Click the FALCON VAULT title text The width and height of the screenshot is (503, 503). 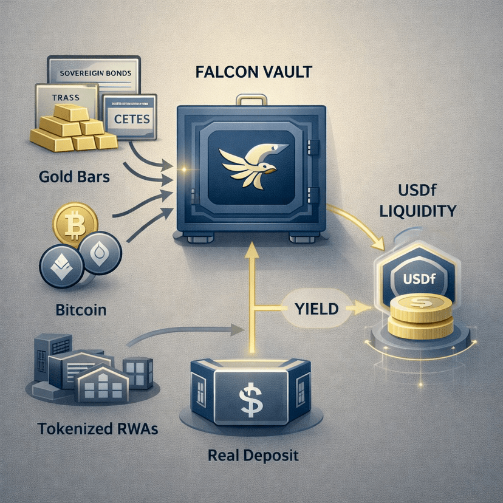[253, 72]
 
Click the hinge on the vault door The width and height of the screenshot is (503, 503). [314, 146]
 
